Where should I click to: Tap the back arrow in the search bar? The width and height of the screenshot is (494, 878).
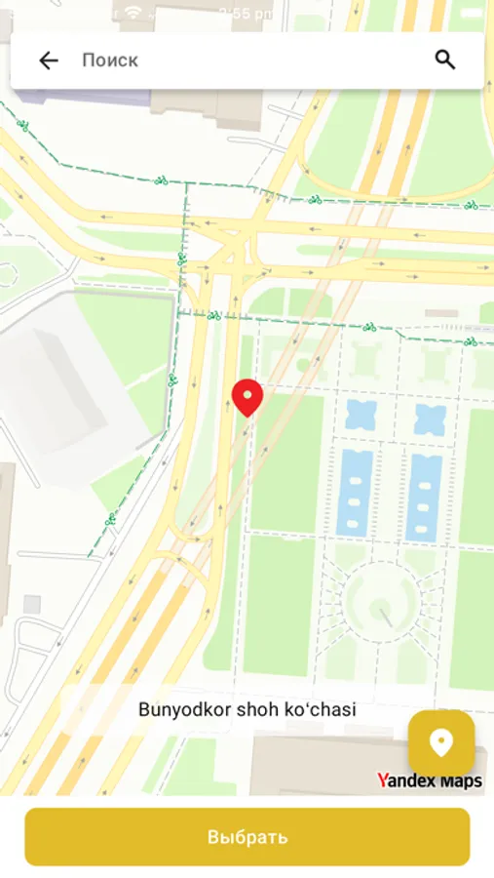(x=49, y=60)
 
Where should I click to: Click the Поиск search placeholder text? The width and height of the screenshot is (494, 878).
(x=110, y=60)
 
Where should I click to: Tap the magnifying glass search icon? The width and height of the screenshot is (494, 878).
(x=445, y=60)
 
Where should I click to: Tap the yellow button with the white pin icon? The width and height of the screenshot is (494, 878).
(x=441, y=743)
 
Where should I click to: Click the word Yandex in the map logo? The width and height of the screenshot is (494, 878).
(x=403, y=780)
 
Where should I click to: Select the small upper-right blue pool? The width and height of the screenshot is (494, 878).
(x=429, y=419)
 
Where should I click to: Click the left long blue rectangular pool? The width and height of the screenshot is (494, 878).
(x=355, y=493)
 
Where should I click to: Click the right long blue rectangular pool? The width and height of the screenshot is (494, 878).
(x=424, y=496)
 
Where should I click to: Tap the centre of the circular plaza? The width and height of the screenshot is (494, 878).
(x=382, y=602)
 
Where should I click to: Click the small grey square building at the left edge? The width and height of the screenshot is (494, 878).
(x=32, y=604)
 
